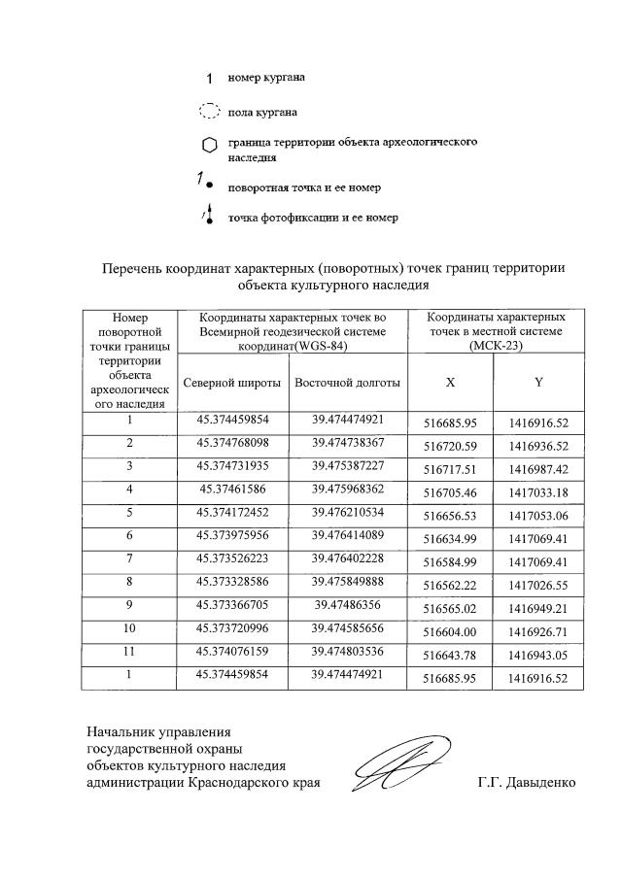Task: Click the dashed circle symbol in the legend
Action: [x=209, y=112]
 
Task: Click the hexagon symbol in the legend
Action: [x=209, y=147]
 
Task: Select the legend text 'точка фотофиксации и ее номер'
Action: [x=313, y=218]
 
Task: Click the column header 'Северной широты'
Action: [x=233, y=383]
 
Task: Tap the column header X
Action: [x=450, y=383]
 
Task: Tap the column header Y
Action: [x=538, y=383]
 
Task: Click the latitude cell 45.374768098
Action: [x=233, y=443]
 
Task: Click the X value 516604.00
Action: [x=450, y=629]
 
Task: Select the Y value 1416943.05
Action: [x=538, y=653]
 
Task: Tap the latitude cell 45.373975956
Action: [x=233, y=533]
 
